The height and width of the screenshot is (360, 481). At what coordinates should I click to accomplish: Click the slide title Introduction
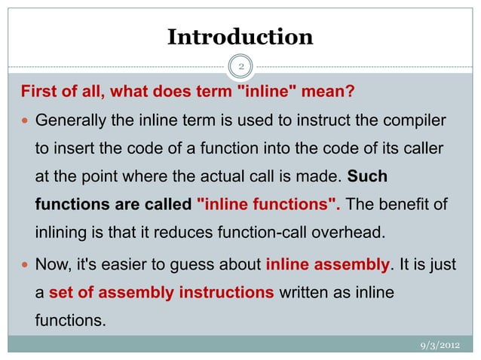click(240, 37)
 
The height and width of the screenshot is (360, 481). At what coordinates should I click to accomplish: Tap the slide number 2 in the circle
click(240, 68)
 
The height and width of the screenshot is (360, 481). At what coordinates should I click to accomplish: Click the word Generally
click(69, 121)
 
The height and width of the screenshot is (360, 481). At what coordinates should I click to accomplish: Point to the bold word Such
click(367, 178)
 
